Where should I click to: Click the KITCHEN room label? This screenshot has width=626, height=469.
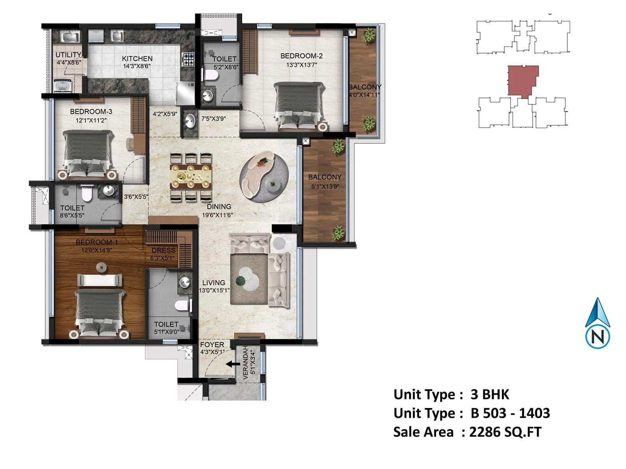point(137,59)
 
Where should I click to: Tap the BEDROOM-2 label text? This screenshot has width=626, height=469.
point(301,56)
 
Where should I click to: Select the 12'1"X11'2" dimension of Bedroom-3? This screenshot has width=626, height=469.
point(91,120)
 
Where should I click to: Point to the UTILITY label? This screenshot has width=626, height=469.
point(68,55)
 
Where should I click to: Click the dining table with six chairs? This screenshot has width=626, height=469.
point(191,177)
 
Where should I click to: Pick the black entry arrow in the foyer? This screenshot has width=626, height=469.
point(233,363)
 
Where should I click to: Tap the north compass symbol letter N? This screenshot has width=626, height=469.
point(597,337)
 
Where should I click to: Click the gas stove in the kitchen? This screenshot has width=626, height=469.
point(188,59)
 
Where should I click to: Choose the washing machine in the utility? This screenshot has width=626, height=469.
point(62,86)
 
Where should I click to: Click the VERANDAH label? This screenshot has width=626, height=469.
point(246,363)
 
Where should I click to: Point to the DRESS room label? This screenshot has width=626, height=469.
point(164,250)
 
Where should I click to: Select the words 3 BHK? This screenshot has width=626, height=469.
point(489,394)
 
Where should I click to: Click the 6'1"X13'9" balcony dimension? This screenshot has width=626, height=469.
point(325,186)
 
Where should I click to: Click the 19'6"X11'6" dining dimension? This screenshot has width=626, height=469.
point(217,215)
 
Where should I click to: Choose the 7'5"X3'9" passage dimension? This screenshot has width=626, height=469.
point(214,118)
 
